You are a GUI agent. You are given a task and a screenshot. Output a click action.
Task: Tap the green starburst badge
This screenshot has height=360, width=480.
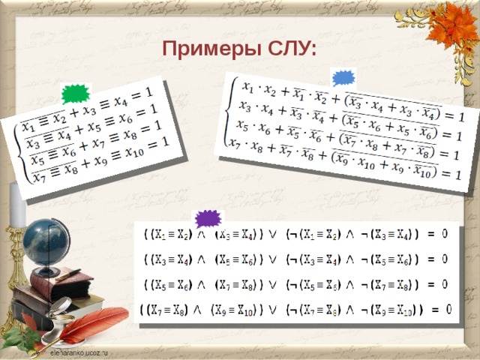coord(75,94)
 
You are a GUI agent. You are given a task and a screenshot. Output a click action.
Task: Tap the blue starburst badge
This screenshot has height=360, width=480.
coord(343,78)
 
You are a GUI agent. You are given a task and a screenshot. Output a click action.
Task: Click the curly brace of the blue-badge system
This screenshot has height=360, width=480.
coord(231,112)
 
